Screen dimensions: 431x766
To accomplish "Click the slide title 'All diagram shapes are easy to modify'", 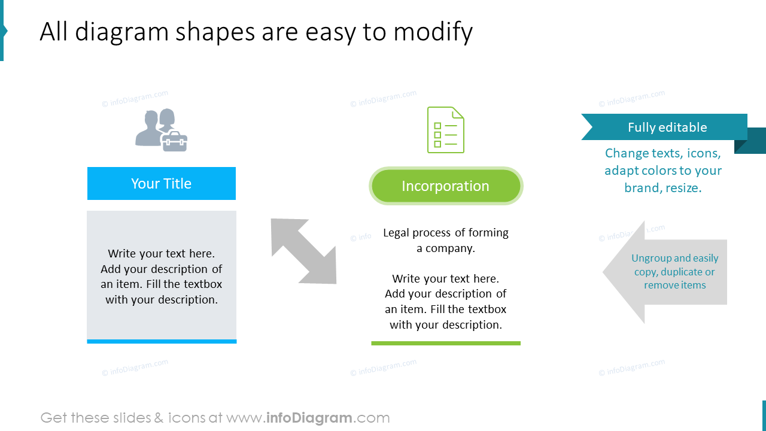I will tap(256, 32).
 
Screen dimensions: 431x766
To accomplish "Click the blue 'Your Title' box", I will tap(162, 183).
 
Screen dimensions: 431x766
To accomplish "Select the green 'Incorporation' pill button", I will tap(446, 186).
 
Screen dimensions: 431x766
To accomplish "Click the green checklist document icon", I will tap(446, 129).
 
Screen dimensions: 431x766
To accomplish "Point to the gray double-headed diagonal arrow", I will tap(303, 251).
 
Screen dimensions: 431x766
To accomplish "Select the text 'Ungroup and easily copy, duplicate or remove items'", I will tap(674, 272).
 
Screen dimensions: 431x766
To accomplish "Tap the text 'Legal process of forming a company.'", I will tap(446, 240).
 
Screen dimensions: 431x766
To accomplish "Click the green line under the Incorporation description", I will tap(446, 343).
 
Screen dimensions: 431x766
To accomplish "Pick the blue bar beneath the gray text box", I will tap(162, 341).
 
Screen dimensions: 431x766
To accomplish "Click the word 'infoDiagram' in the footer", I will tap(309, 418).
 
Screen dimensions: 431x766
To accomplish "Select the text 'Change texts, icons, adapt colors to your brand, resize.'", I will tap(662, 171).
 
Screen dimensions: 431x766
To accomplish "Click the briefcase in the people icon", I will tap(175, 142).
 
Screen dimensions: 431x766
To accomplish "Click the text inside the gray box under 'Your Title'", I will tap(162, 277).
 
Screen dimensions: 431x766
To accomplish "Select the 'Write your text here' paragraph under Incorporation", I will tap(446, 302).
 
